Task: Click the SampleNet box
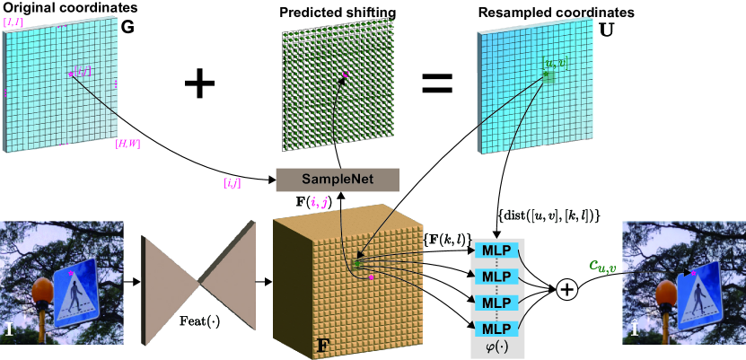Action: click(337, 179)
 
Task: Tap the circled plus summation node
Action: click(566, 289)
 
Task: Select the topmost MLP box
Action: click(496, 248)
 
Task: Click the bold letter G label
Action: click(127, 27)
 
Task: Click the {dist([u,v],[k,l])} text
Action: click(548, 216)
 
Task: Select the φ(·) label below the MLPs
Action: click(496, 347)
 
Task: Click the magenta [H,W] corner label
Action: click(126, 144)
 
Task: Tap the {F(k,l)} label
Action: click(445, 238)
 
